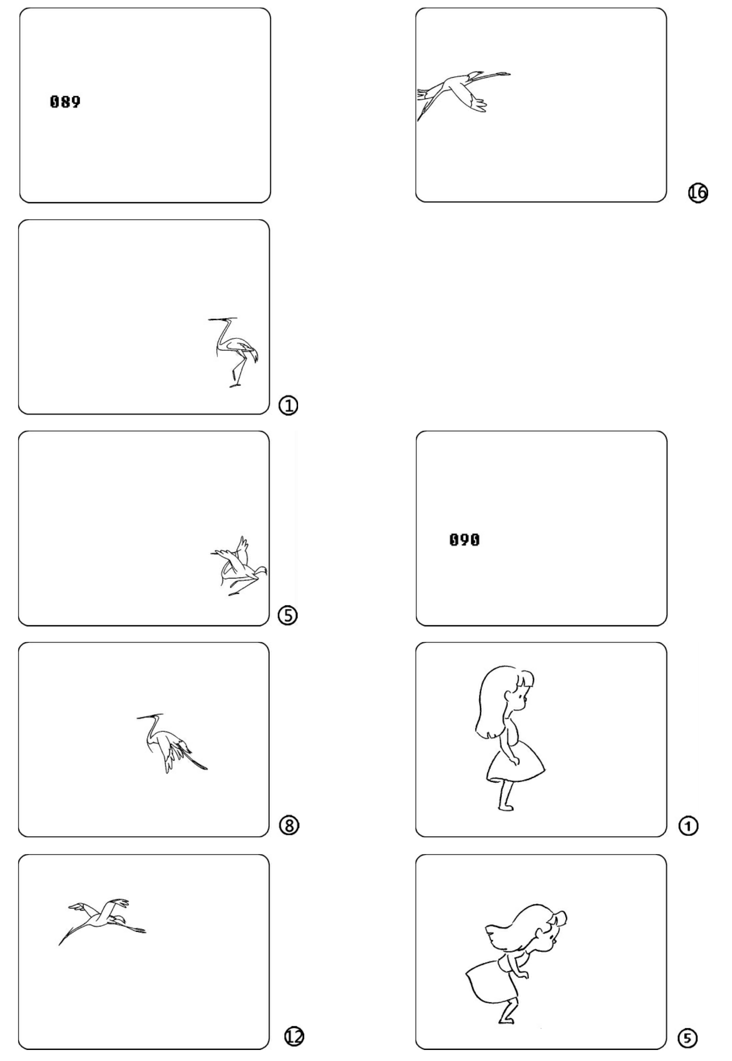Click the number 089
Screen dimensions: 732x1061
pyautogui.click(x=65, y=101)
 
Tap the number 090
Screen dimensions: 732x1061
pyautogui.click(x=465, y=540)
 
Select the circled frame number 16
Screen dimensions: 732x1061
pyautogui.click(x=697, y=193)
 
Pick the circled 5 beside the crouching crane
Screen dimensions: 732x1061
pyautogui.click(x=288, y=615)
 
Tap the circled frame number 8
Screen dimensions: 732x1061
pyautogui.click(x=289, y=826)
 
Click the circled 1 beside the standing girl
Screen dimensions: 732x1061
pyautogui.click(x=688, y=826)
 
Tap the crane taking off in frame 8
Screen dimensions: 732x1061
pyautogui.click(x=171, y=742)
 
